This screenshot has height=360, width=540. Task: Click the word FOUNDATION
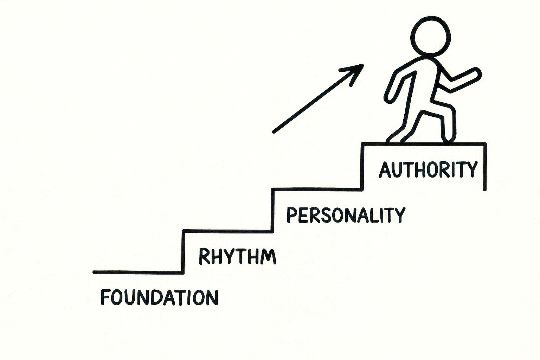159,297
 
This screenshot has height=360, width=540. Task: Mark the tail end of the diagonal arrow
275,132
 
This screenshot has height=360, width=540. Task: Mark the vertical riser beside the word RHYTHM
183,251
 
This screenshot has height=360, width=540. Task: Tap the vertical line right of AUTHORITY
485,167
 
